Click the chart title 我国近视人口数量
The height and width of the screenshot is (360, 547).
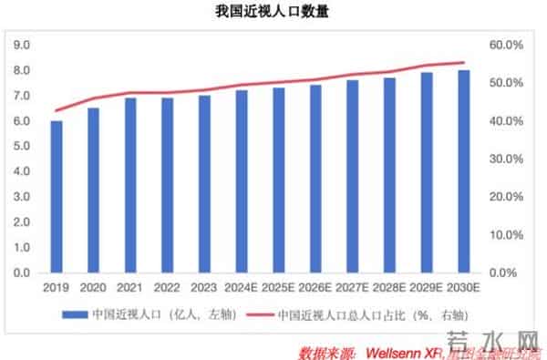pyautogui.click(x=273, y=13)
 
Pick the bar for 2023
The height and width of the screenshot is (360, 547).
pyautogui.click(x=204, y=184)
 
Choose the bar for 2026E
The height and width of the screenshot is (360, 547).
pyautogui.click(x=315, y=179)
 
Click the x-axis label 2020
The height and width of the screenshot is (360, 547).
pyautogui.click(x=93, y=288)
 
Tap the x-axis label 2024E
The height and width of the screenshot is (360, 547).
pyautogui.click(x=242, y=288)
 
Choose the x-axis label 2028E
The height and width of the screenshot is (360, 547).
pyautogui.click(x=390, y=288)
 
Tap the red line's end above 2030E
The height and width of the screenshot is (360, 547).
pyautogui.click(x=464, y=63)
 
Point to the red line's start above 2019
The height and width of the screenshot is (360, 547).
pyautogui.click(x=57, y=110)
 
